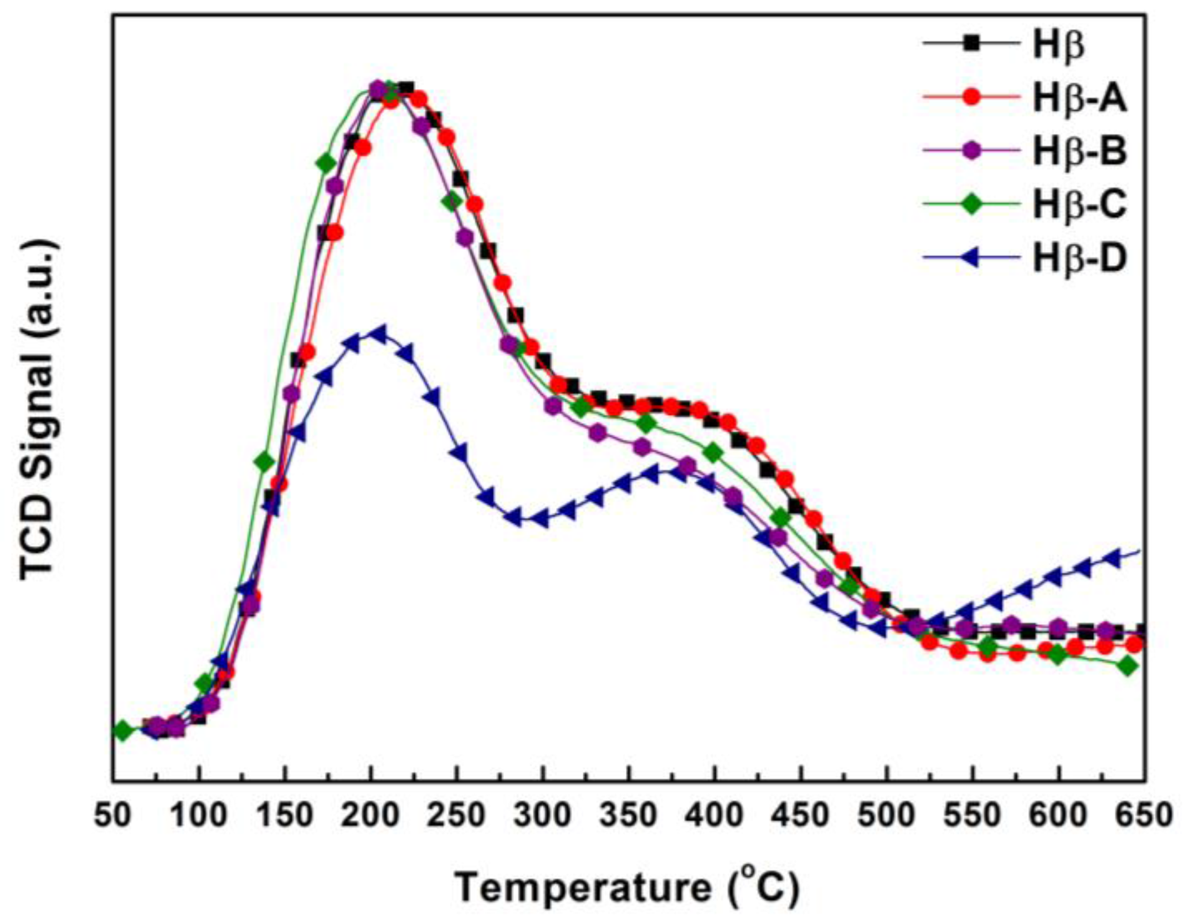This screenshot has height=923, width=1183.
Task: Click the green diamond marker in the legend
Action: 971,204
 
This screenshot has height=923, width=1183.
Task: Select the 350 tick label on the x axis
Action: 629,816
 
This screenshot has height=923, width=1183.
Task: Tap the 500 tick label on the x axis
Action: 886,816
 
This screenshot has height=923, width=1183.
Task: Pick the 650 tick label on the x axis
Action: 1144,816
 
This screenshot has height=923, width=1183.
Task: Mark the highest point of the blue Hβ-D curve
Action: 379,333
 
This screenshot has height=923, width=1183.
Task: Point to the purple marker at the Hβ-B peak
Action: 377,89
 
